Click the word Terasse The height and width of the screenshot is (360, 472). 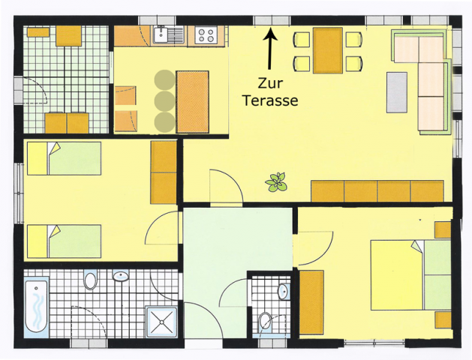point(270,100)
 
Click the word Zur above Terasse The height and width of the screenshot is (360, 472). point(270,83)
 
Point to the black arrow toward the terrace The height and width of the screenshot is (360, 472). point(270,49)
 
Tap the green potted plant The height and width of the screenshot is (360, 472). point(276,182)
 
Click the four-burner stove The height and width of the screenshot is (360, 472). point(206,35)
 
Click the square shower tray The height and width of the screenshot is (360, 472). point(161,322)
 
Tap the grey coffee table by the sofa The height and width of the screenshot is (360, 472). point(397,92)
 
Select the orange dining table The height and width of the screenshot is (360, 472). point(327,50)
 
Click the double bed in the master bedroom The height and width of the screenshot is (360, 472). point(410,275)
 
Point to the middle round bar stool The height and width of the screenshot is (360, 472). point(164,100)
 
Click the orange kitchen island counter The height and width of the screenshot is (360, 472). point(192,102)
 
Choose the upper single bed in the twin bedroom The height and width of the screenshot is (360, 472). point(64,158)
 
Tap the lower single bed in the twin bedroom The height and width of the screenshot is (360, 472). point(64,241)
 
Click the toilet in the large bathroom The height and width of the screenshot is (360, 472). point(91,280)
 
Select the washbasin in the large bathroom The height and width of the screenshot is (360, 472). point(121,276)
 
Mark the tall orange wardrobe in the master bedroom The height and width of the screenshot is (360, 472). point(311,302)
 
